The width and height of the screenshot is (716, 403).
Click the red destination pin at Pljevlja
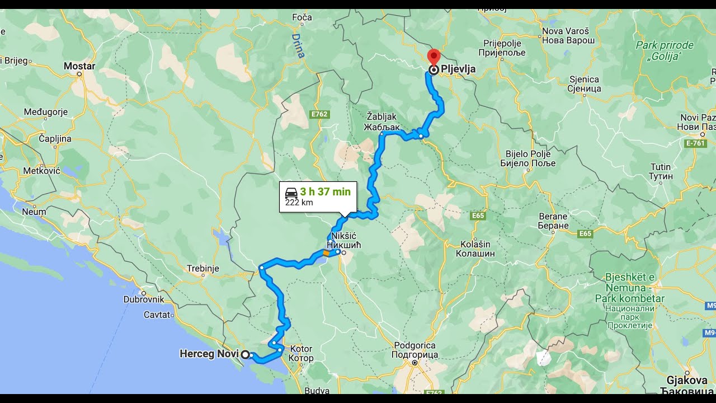[434, 57]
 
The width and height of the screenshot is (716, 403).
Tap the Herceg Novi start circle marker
[245, 354]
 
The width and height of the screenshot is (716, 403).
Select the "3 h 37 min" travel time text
[325, 192]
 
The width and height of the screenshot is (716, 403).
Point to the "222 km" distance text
[299, 203]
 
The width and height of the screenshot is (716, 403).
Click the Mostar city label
[79, 66]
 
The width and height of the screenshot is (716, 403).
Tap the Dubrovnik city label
[144, 299]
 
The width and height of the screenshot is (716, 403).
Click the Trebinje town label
[203, 268]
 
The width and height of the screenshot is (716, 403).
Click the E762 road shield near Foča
[319, 114]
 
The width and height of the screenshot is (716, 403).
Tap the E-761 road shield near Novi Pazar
[695, 143]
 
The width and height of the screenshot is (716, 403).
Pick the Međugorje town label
[46, 112]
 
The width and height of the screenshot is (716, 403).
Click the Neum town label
[34, 212]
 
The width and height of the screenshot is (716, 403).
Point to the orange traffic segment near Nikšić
[326, 253]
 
